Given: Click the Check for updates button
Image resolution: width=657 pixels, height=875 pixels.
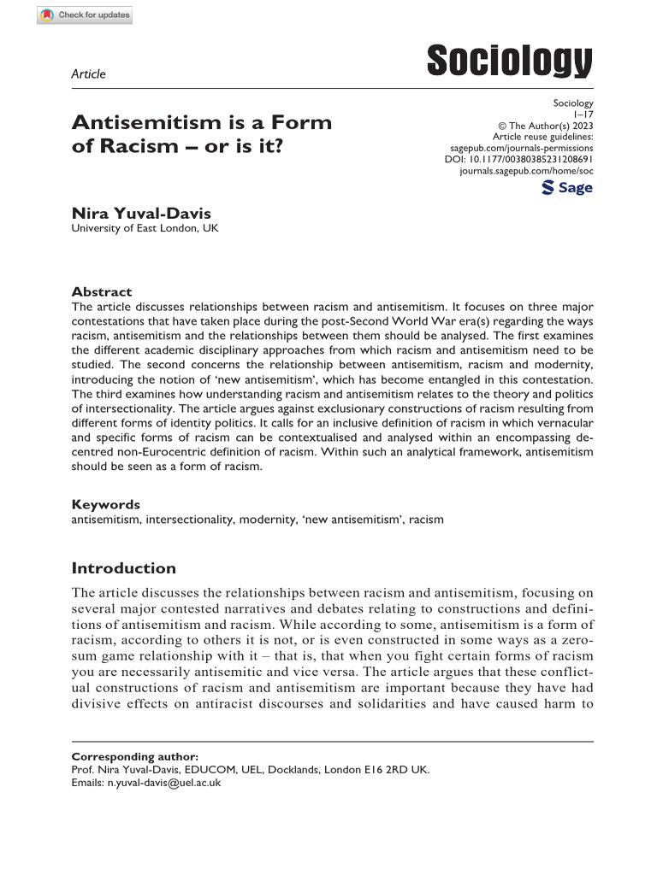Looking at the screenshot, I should coord(85,15).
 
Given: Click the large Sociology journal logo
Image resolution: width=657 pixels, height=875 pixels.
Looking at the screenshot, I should coord(509,62).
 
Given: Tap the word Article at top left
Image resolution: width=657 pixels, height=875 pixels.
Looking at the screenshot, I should coord(88,73).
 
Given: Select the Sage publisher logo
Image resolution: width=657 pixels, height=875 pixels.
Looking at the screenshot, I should coord(567,188).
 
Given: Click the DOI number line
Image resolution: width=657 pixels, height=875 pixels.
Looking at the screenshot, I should coord(519,159).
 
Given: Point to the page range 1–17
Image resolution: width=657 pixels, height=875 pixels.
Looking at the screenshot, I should coord(581,115).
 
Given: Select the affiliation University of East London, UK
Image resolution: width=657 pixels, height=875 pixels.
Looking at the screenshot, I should coord(145,228).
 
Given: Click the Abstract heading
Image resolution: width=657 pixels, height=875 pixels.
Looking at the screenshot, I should coord(102,291).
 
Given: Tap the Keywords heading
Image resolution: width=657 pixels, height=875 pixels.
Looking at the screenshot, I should coord(105,504).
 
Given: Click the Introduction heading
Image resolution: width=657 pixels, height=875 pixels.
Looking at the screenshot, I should coord(123,568).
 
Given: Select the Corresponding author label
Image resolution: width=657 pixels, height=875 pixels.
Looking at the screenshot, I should coord(134,756).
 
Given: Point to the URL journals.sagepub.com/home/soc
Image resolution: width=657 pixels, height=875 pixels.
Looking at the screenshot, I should coord(526,171).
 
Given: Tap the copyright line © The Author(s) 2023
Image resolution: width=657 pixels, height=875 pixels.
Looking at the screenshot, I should coord(540,126).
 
